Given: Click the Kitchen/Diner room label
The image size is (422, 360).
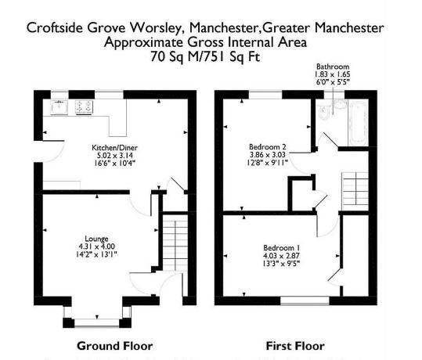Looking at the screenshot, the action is tap(114, 148).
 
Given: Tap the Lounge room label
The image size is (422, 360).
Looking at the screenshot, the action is tap(96, 239).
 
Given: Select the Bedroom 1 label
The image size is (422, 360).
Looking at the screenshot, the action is tap(282, 248).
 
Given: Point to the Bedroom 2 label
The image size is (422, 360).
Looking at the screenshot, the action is tap(268, 147).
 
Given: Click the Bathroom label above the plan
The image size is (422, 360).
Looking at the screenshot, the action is tap(333, 67).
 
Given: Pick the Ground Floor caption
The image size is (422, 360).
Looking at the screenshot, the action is tap(115, 346).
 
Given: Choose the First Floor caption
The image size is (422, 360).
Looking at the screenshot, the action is tap(295, 346).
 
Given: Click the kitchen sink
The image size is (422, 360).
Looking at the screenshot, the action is tap(59, 107).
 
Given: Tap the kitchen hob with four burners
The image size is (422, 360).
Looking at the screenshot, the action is tap(85, 107).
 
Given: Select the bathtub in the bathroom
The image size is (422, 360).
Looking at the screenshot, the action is tap(359, 123).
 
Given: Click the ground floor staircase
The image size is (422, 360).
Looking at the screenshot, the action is tap(175, 243).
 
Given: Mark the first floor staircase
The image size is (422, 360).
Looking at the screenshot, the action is tap(355, 191).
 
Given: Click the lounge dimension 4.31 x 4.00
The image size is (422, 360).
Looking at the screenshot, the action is tap(96, 247).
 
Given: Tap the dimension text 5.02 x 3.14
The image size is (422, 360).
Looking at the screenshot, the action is tap(114, 156).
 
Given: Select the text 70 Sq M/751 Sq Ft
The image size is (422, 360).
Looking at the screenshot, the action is tap(205, 57).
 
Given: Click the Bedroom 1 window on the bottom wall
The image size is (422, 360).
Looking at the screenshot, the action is tap(305, 301).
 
